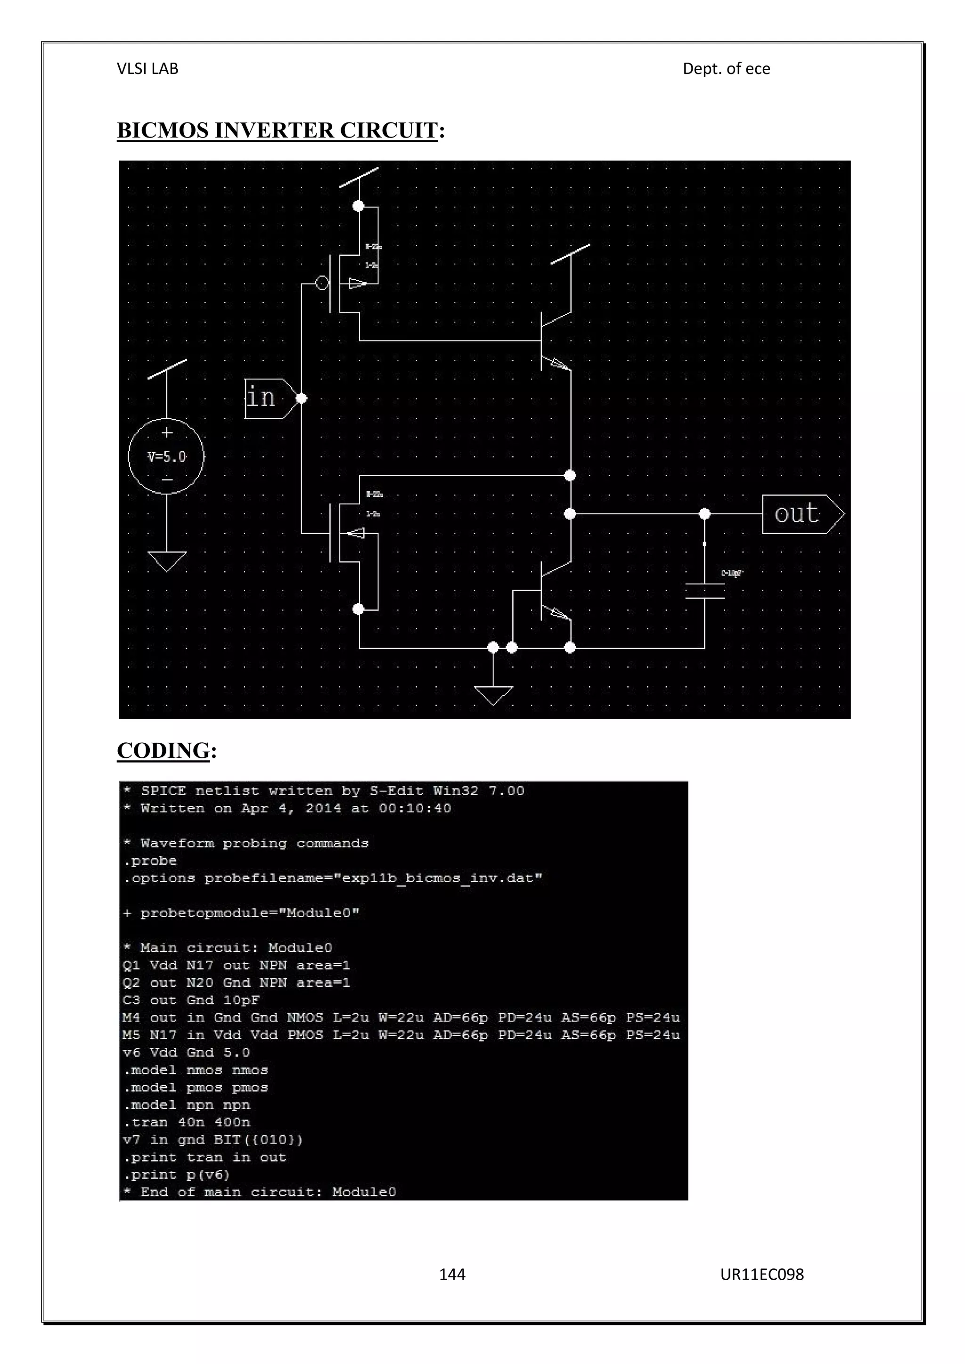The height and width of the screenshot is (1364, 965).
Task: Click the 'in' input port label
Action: point(262,398)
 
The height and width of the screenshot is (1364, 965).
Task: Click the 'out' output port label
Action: point(797,514)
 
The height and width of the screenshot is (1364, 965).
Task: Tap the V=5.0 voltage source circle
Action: point(166,456)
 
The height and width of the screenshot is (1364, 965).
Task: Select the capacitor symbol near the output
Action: point(705,591)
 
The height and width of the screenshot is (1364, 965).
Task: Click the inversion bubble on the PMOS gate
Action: point(322,284)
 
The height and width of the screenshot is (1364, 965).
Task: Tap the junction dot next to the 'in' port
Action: point(301,398)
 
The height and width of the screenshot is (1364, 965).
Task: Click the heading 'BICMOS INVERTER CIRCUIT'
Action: point(278,130)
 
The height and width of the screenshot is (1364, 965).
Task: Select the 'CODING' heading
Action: point(164,750)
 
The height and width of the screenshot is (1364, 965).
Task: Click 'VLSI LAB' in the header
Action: point(147,69)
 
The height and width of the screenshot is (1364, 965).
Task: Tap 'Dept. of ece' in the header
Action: point(726,69)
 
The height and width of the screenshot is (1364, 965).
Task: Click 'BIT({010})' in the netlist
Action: point(259,1139)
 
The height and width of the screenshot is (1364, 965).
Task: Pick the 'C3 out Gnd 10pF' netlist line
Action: point(191,1000)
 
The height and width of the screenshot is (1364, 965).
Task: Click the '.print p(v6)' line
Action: point(177,1175)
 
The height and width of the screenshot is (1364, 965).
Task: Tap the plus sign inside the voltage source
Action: point(167,432)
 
